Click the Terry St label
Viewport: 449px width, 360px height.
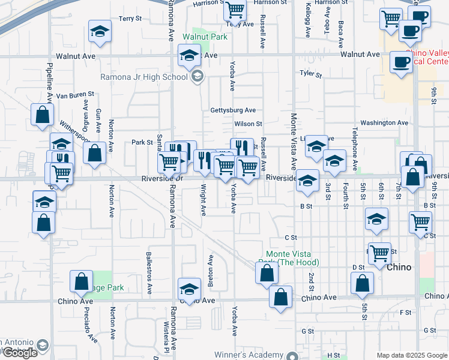[x=130, y=19]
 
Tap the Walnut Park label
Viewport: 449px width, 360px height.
[x=205, y=37]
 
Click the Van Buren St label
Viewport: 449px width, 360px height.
[x=75, y=95]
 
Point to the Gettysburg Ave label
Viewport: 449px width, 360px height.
[x=233, y=110]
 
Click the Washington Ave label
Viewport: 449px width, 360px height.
[x=385, y=122]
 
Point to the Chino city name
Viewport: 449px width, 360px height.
[x=399, y=268]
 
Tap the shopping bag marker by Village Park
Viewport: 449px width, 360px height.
[x=82, y=281]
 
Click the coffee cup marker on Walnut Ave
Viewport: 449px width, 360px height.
[x=401, y=62]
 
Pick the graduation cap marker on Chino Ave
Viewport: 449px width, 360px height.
[x=189, y=289]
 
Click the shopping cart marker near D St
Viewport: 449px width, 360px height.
[x=379, y=253]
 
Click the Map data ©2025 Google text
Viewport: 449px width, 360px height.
[x=411, y=355]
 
